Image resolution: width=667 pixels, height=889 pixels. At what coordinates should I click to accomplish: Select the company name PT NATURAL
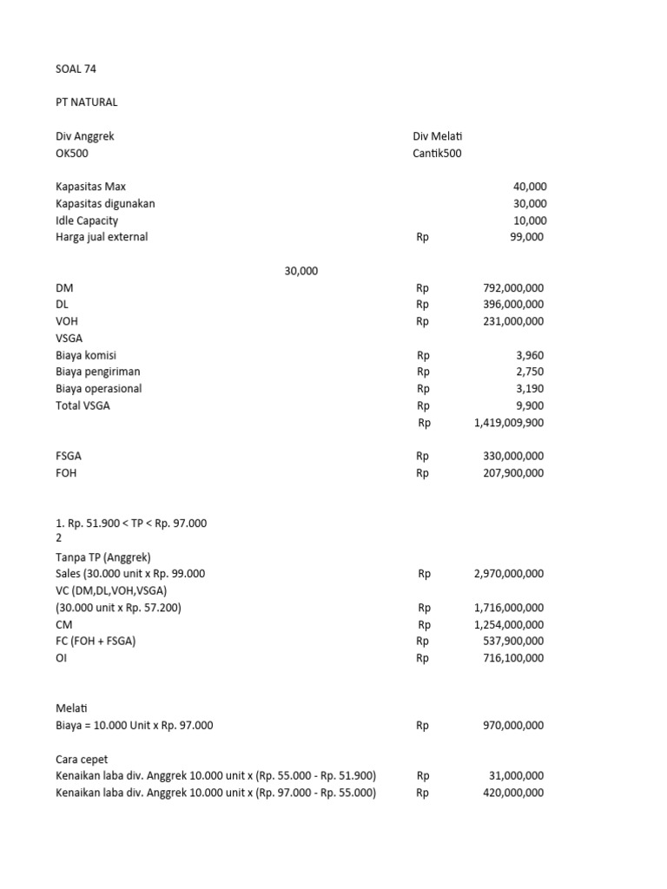coord(86,102)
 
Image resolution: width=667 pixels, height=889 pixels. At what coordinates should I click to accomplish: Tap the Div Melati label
coord(442,136)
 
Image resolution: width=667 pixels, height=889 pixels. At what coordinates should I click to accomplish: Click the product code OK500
coord(72,153)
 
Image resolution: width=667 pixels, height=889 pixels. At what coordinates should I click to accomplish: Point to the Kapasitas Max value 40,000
coord(529,187)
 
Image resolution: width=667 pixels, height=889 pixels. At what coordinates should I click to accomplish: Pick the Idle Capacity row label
coord(87,221)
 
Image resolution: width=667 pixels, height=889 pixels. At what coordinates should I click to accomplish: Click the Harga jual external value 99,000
coord(526,237)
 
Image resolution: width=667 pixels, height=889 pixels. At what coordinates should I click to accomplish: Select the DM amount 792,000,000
coord(512,287)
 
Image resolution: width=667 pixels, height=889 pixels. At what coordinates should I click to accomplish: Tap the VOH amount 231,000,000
coord(512,321)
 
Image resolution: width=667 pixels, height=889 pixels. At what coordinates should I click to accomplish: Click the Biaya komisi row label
coord(86,355)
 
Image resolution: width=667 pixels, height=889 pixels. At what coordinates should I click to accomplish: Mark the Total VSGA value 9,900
coord(532,405)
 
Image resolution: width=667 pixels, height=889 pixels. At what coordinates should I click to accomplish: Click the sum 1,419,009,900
coord(509,423)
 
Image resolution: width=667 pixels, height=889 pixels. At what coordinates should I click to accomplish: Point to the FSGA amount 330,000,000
coord(512,456)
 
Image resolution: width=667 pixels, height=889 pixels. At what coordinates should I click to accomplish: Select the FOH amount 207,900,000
coord(512,473)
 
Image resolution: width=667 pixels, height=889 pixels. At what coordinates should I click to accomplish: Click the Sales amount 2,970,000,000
coord(509,574)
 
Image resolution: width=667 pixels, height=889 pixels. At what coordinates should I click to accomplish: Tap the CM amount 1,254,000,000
coord(509,624)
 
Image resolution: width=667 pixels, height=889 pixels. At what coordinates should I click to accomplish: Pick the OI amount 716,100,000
coord(512,658)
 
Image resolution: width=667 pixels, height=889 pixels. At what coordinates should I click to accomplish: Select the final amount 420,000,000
coord(512,793)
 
